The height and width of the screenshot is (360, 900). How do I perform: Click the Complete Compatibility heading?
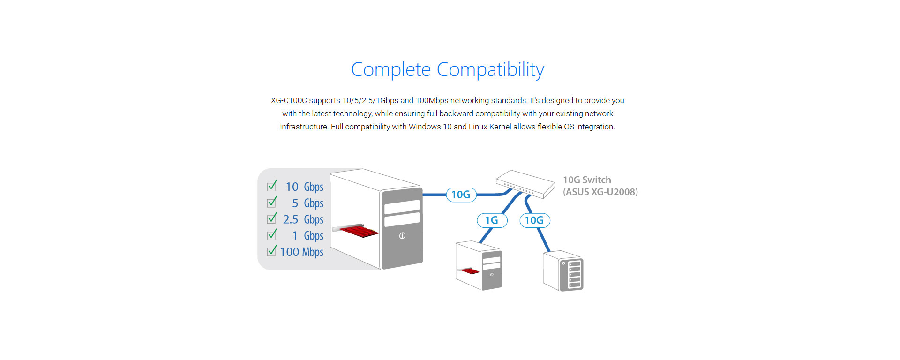click(447, 70)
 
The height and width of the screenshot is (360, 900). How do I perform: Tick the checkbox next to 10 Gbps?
click(271, 187)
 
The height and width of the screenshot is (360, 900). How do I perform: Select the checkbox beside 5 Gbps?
click(271, 203)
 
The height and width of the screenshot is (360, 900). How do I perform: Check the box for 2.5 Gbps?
click(271, 219)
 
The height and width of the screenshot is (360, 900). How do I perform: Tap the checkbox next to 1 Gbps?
click(271, 235)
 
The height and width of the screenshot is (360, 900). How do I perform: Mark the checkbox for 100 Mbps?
click(271, 252)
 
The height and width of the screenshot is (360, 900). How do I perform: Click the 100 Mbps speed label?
click(302, 252)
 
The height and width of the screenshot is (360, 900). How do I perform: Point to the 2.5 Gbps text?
click(303, 219)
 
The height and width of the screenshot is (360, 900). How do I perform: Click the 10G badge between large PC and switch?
click(461, 195)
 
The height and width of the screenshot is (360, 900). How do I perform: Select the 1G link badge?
click(492, 220)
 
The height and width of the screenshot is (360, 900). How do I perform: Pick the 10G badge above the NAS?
click(534, 220)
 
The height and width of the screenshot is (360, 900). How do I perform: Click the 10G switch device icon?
click(525, 183)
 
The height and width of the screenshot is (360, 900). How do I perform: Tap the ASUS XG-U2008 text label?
click(600, 192)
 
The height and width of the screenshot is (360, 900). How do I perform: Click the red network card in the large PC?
click(359, 231)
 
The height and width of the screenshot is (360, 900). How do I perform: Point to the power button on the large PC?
click(402, 236)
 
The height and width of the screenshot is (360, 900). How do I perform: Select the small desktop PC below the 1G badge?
click(479, 265)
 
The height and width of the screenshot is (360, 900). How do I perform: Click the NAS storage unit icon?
click(563, 271)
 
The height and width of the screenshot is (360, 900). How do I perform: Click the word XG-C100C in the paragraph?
click(289, 101)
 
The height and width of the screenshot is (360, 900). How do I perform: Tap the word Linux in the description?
click(478, 127)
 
